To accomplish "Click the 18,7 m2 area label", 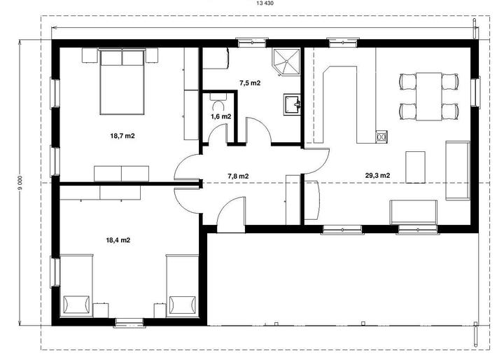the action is (x=122, y=136).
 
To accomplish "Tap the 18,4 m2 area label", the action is (x=118, y=240).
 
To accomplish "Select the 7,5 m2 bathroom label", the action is (x=250, y=83).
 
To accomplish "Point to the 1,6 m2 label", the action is (x=220, y=116).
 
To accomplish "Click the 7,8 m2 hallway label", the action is (x=238, y=176).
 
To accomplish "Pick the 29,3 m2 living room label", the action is (x=378, y=176).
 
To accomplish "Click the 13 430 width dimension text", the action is (x=265, y=4).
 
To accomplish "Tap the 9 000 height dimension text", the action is (x=20, y=182).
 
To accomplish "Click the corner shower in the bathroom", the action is (x=286, y=62).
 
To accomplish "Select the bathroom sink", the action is (x=292, y=104).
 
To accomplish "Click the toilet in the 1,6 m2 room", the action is (x=218, y=100).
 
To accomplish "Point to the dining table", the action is (x=429, y=97).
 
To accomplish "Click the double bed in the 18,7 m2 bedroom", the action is (x=122, y=82).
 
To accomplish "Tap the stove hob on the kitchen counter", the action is (x=381, y=137).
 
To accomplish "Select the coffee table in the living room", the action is (x=415, y=167).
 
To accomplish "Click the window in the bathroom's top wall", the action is (x=252, y=43).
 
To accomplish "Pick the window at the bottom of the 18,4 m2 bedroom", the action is (x=129, y=323).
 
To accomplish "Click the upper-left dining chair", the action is (x=407, y=81).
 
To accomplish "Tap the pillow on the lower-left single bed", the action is (x=76, y=305).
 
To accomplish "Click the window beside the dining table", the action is (x=475, y=92).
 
